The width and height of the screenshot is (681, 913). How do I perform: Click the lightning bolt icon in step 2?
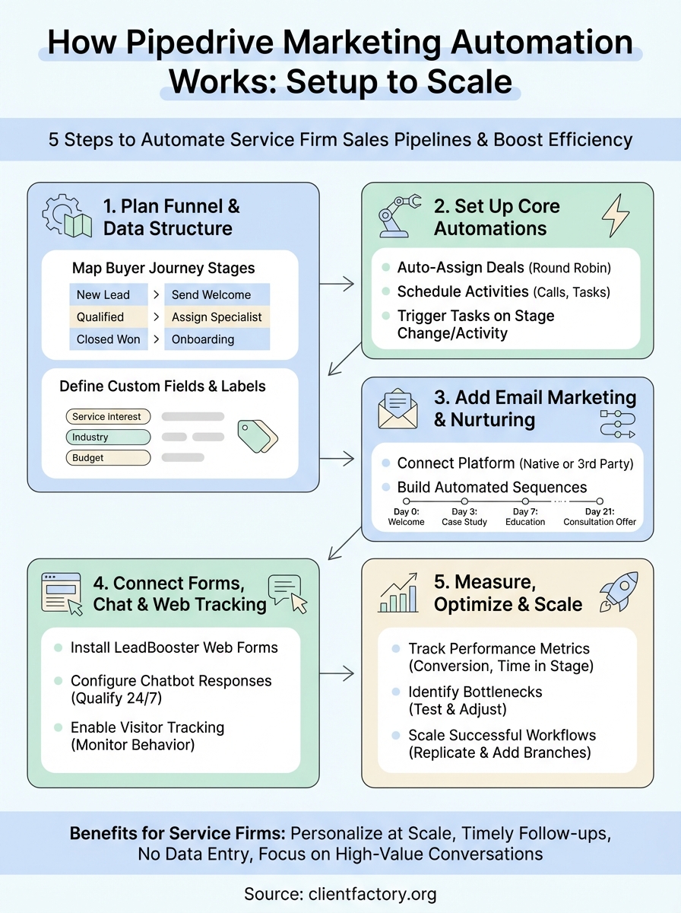pyautogui.click(x=616, y=216)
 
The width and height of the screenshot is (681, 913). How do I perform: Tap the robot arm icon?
pyautogui.click(x=399, y=217)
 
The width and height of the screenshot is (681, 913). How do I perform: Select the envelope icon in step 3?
pyautogui.click(x=398, y=409)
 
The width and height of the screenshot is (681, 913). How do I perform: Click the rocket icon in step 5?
pyautogui.click(x=616, y=593)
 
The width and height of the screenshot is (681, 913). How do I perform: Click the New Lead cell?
pyautogui.click(x=105, y=294)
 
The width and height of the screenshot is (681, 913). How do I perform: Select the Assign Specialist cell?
pyautogui.click(x=217, y=317)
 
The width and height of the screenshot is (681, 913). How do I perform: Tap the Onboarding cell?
pyautogui.click(x=217, y=339)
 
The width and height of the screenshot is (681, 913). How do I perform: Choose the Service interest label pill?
pyautogui.click(x=107, y=417)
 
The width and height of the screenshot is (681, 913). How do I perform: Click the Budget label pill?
pyautogui.click(x=107, y=458)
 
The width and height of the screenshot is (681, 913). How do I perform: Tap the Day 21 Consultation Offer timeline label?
pyautogui.click(x=600, y=517)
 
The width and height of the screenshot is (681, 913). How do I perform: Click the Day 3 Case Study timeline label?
pyautogui.click(x=464, y=517)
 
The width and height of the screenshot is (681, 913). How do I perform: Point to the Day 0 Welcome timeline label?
pyautogui.click(x=406, y=517)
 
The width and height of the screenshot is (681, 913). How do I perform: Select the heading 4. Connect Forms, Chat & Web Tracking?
pyautogui.click(x=179, y=593)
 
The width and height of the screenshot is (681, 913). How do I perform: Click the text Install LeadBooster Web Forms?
pyautogui.click(x=174, y=647)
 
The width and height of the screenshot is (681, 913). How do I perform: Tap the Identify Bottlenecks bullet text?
pyautogui.click(x=475, y=700)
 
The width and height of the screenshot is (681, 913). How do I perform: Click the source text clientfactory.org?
pyautogui.click(x=340, y=893)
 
